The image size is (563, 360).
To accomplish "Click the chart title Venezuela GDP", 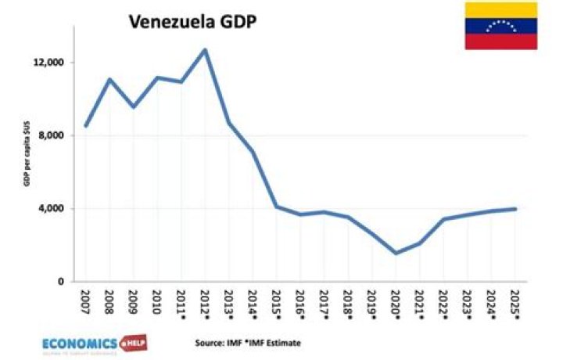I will (195, 23).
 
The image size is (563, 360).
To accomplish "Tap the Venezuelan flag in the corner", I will (500, 26).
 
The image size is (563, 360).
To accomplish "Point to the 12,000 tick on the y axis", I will (52, 63).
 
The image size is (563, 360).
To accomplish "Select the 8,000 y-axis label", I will (55, 135).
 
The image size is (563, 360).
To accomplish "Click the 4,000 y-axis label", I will (55, 208).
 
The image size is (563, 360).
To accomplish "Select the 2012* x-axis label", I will (205, 304).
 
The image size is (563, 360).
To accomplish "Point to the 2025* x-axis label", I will (515, 304).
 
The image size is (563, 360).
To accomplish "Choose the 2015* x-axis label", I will (277, 304).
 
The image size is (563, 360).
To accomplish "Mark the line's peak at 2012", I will (205, 50).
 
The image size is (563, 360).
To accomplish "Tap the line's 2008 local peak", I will (109, 79).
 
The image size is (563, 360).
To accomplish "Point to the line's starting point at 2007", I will (86, 126).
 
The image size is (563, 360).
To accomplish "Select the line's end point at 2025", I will (515, 208).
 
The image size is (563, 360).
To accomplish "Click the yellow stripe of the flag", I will (500, 10).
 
